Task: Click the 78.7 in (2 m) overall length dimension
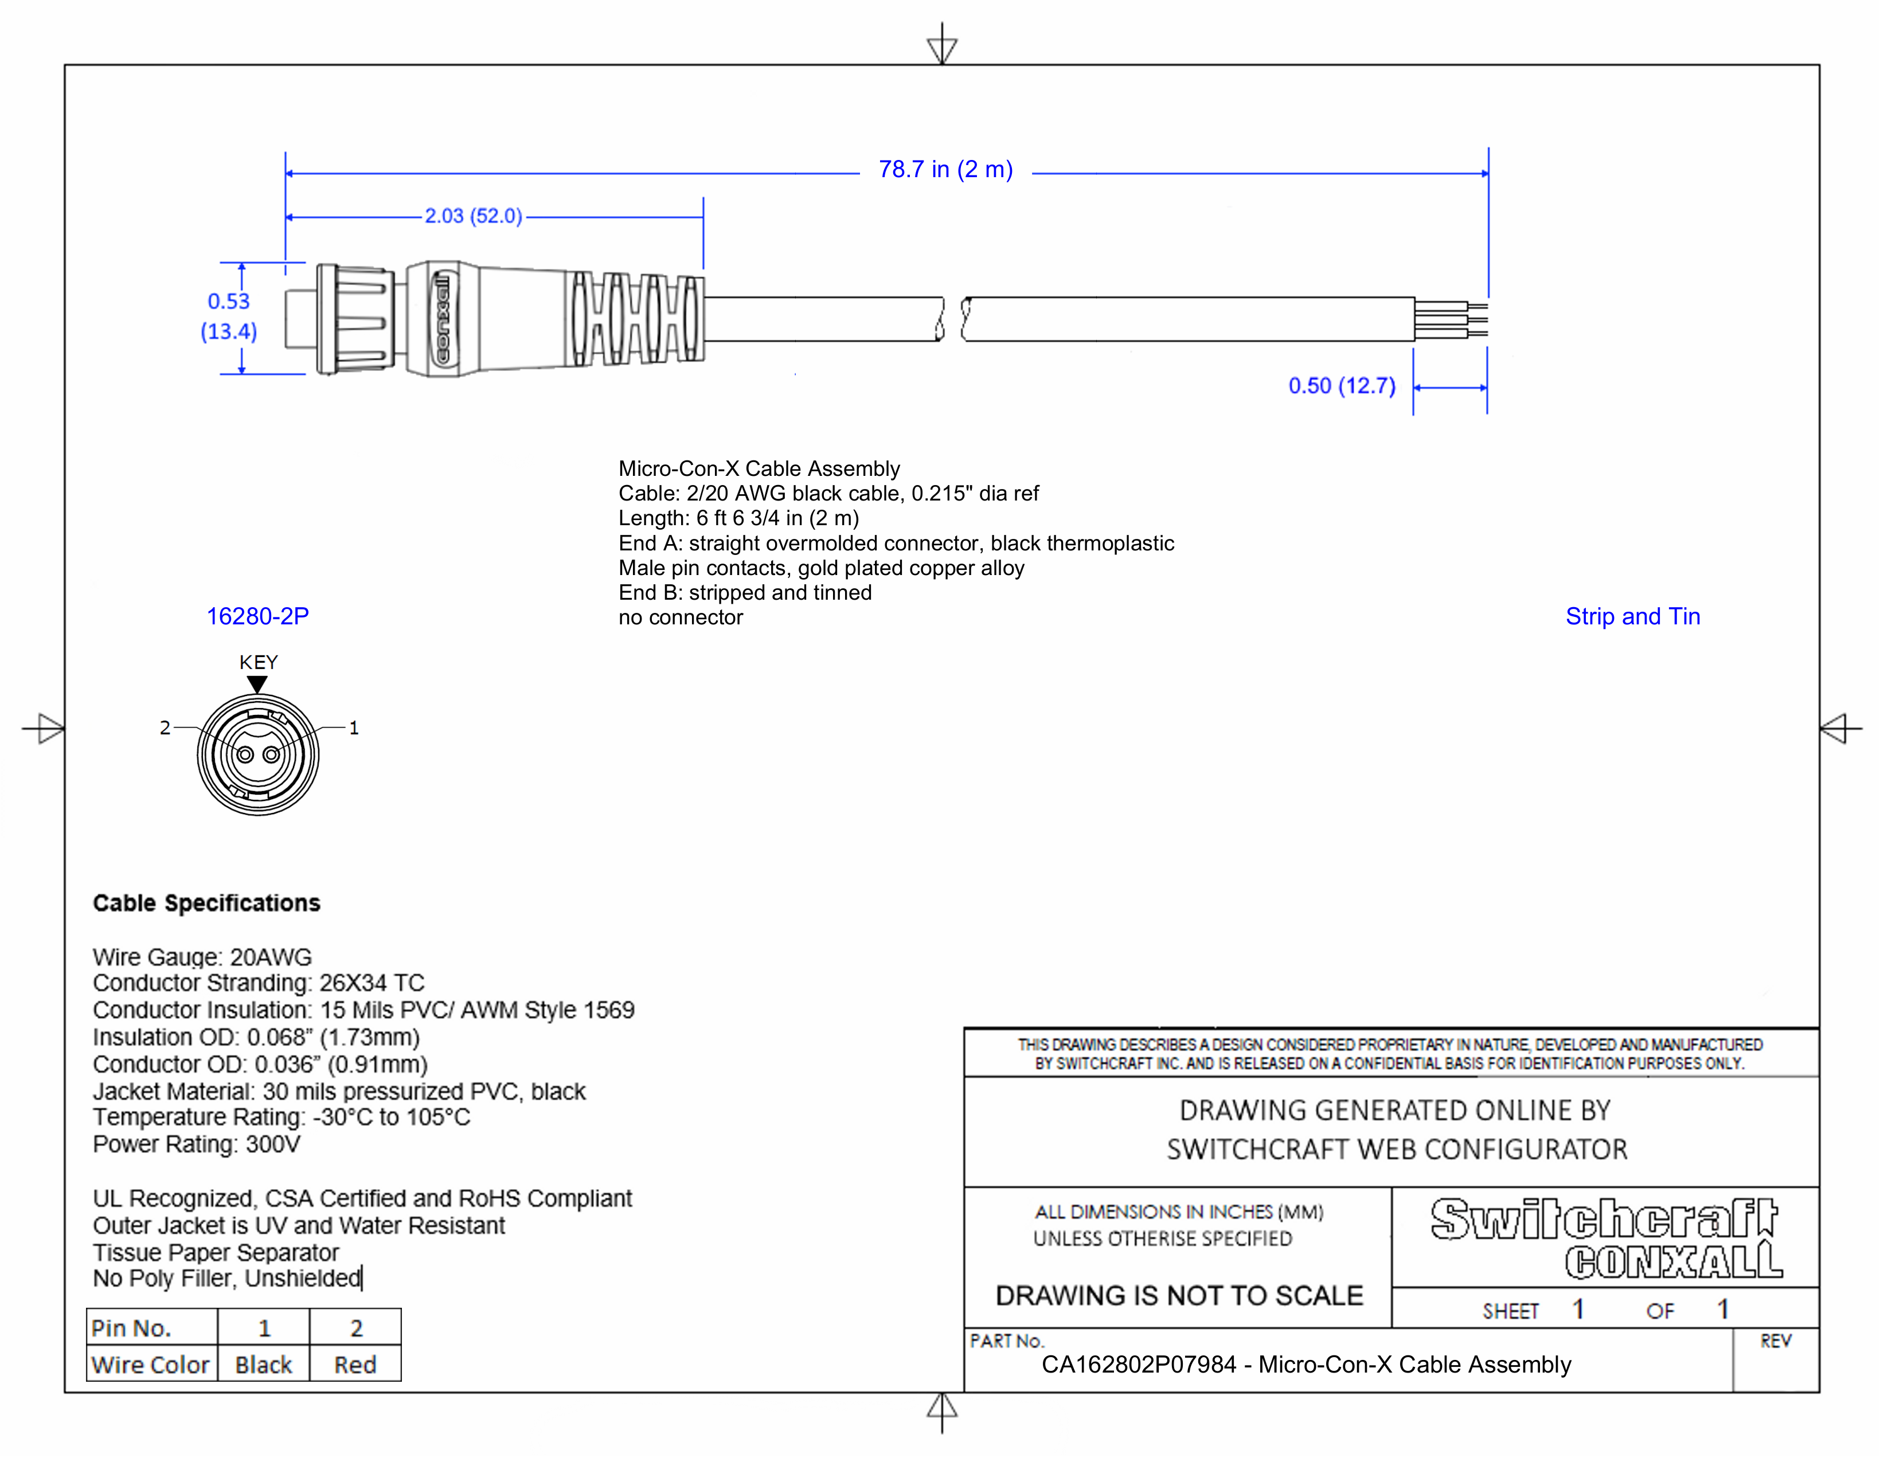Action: coord(945,170)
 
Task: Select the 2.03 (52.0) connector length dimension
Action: coord(473,216)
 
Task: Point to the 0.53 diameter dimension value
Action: coord(229,302)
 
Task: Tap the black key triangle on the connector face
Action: coord(257,684)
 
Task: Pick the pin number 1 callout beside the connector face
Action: coord(353,728)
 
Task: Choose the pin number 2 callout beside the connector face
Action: coord(165,728)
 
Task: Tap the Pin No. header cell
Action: coord(151,1328)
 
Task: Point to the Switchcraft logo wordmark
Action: coord(1604,1219)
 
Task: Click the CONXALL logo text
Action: coord(1674,1261)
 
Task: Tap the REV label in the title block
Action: coord(1775,1341)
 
